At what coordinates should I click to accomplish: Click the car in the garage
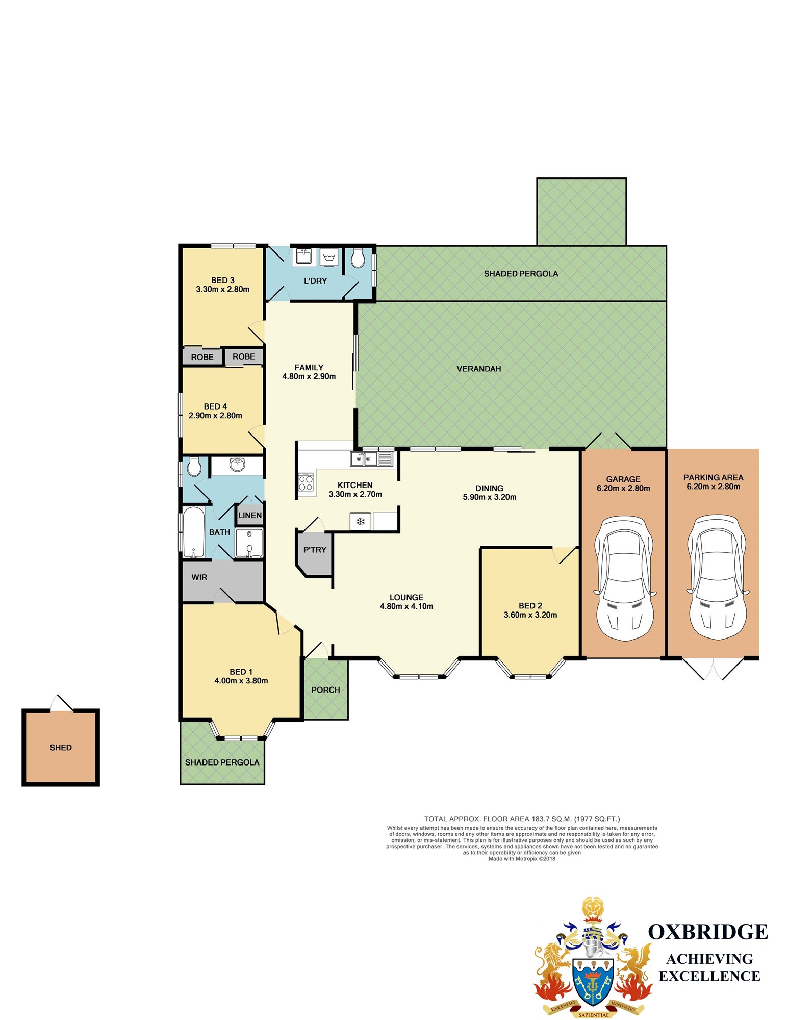point(624,579)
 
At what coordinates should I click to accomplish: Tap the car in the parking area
point(717,579)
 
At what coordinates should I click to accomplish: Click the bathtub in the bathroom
point(193,532)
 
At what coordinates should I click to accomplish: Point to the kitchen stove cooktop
point(306,482)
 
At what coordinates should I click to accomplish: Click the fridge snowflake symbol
point(361,521)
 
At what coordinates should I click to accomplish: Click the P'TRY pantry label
point(315,550)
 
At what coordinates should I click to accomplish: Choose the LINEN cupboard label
point(250,515)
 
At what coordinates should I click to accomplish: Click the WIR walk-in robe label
point(199,577)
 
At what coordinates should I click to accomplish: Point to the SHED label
point(61,748)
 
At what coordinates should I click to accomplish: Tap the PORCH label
point(325,690)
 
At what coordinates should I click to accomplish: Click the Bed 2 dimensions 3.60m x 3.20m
point(530,615)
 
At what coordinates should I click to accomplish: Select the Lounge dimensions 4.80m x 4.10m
point(406,606)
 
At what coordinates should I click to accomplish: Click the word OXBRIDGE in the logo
point(708,932)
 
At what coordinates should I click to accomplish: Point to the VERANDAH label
point(479,369)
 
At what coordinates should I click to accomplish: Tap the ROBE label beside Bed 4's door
point(244,356)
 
